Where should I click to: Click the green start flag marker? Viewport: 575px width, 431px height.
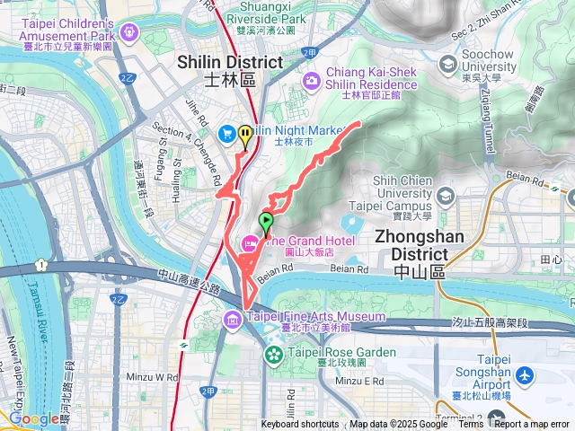(266, 220)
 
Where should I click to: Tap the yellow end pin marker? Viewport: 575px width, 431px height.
(245, 135)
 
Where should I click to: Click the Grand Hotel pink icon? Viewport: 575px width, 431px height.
(249, 242)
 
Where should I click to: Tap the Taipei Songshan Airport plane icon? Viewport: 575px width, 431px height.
(525, 374)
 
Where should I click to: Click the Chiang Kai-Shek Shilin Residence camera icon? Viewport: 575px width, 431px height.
(311, 81)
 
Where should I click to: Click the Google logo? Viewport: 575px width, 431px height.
(34, 418)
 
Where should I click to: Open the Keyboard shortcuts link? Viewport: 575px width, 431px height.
(300, 424)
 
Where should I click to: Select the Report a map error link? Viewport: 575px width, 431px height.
(533, 424)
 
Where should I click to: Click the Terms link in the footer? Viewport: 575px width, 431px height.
(470, 424)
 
